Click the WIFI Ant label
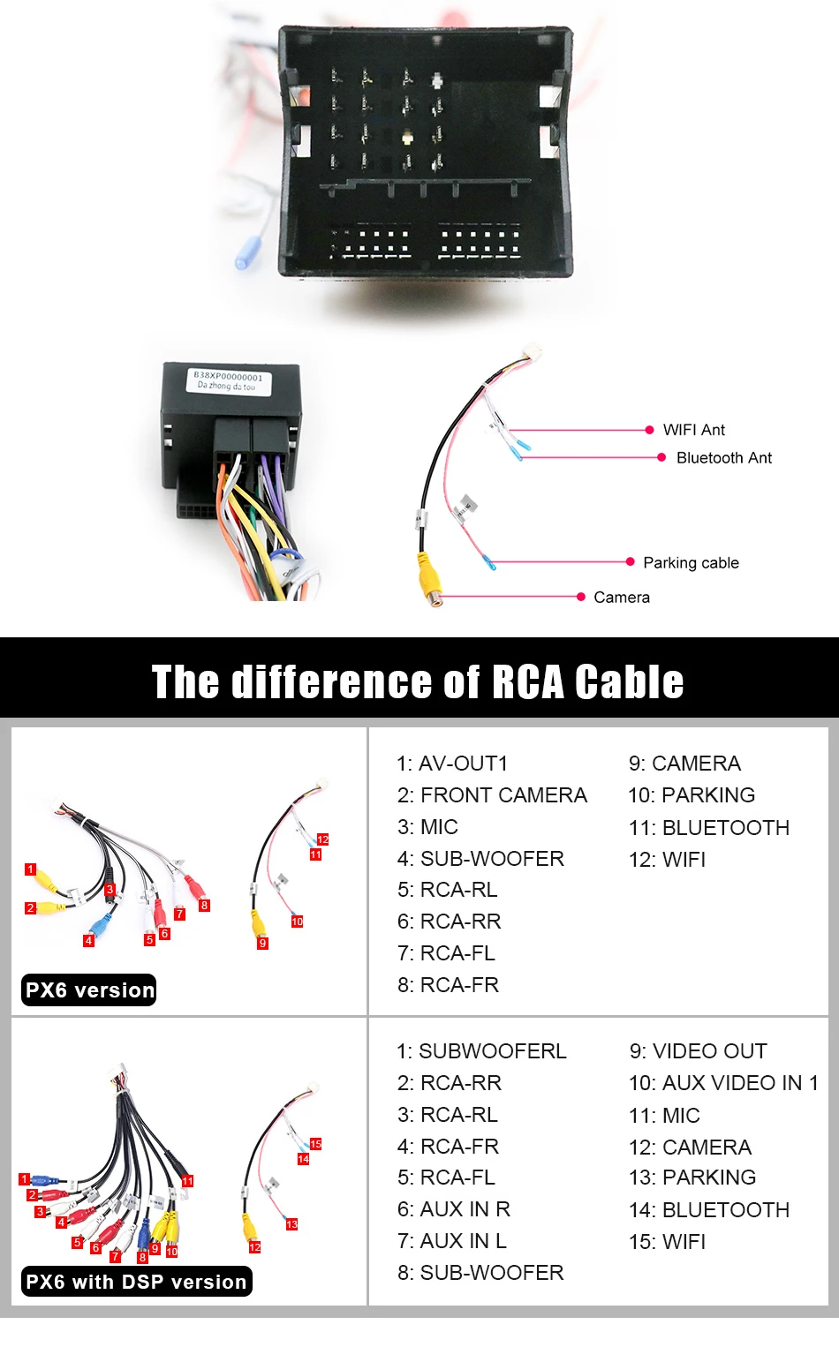tap(693, 430)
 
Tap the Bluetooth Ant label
tap(723, 458)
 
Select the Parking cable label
tap(691, 563)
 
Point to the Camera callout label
tap(622, 598)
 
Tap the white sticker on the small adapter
tap(228, 380)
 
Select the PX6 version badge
tap(89, 990)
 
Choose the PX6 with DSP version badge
tap(136, 1282)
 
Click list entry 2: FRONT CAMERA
tap(492, 795)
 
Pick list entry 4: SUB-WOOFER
tap(480, 859)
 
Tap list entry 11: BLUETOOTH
tap(708, 828)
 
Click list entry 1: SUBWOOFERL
tap(481, 1051)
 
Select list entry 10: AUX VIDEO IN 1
tap(723, 1083)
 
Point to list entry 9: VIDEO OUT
tap(698, 1051)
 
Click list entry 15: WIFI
tap(667, 1242)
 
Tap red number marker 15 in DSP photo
tap(315, 1144)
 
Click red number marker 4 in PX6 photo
tap(88, 941)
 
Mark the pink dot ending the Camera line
tap(581, 598)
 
